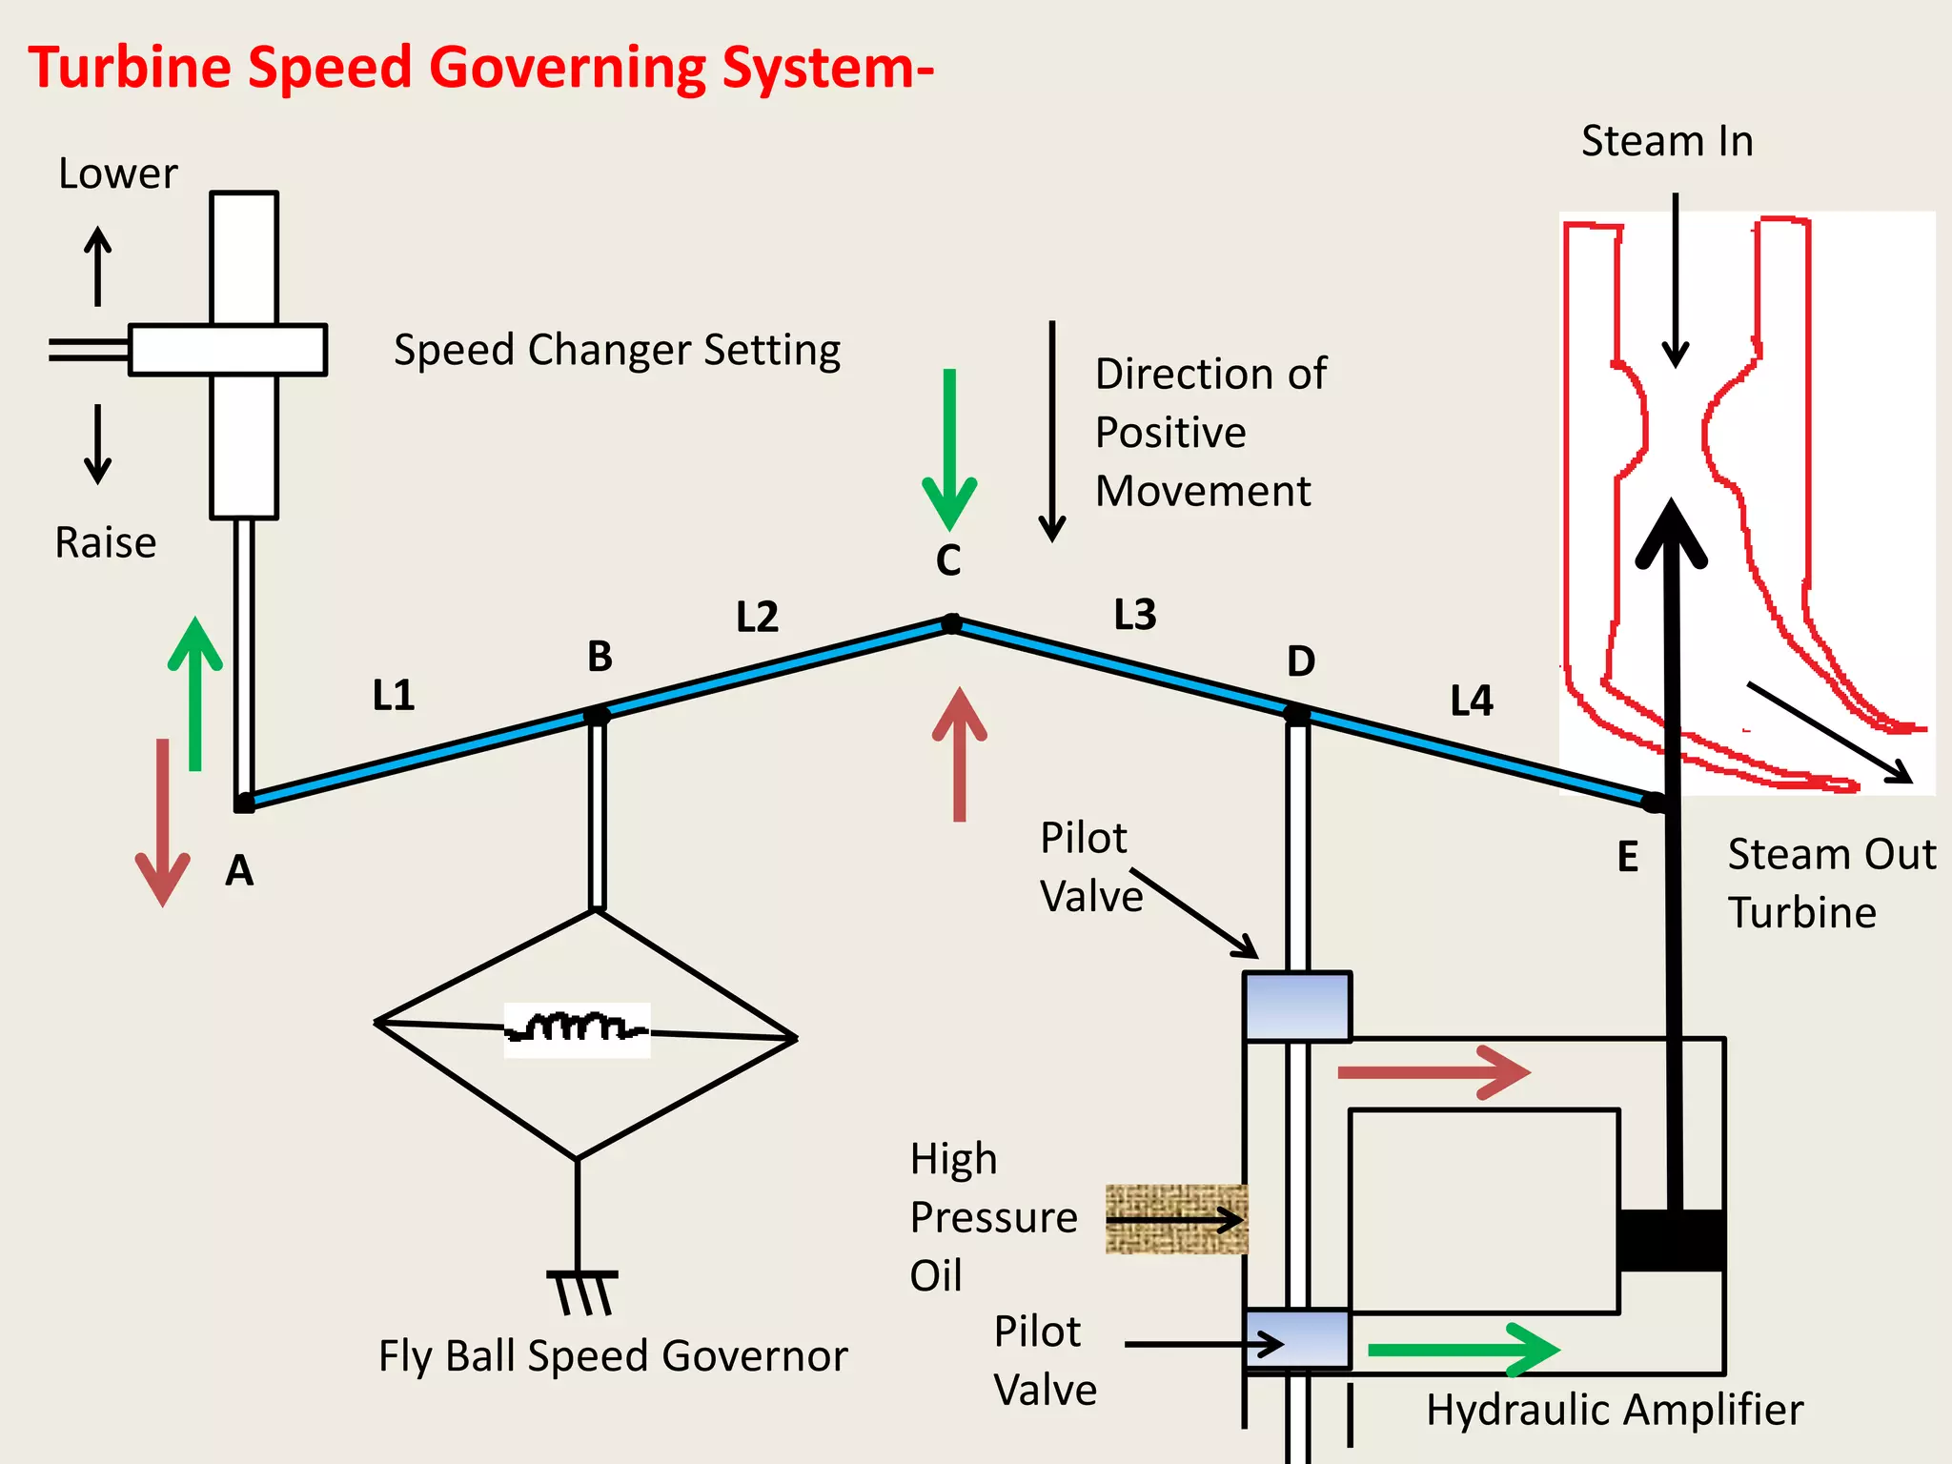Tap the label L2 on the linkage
pyautogui.click(x=758, y=618)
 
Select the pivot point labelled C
pyautogui.click(x=951, y=623)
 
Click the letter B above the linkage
pyautogui.click(x=600, y=657)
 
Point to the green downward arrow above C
pyautogui.click(x=949, y=448)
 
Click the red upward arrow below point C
pyautogui.click(x=960, y=753)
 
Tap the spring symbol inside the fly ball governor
pyautogui.click(x=577, y=1029)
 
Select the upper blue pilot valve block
pyautogui.click(x=1297, y=1006)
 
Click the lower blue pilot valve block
pyautogui.click(x=1297, y=1338)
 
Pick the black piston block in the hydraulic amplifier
pyautogui.click(x=1671, y=1240)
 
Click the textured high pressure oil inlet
pyautogui.click(x=1176, y=1219)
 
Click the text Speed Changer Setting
pyautogui.click(x=617, y=350)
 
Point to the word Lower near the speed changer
pyautogui.click(x=117, y=174)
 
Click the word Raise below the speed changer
pyautogui.click(x=105, y=543)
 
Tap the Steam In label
pyautogui.click(x=1667, y=141)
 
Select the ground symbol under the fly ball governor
pyautogui.click(x=582, y=1291)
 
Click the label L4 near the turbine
pyautogui.click(x=1472, y=701)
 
